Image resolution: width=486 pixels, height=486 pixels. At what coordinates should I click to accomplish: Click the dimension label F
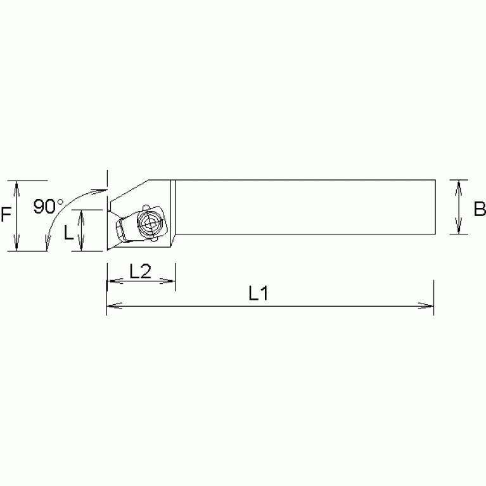click(6, 215)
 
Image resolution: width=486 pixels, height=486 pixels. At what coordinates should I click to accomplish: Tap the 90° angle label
click(49, 207)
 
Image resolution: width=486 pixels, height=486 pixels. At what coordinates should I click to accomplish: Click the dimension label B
click(480, 208)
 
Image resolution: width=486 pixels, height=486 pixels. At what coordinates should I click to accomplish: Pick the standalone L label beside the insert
click(68, 232)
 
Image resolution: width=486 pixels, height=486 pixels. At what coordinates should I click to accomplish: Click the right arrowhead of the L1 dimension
click(429, 307)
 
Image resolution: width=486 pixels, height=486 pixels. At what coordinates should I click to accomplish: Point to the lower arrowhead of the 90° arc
click(47, 244)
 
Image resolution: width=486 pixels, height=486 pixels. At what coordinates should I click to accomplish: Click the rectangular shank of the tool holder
click(304, 207)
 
